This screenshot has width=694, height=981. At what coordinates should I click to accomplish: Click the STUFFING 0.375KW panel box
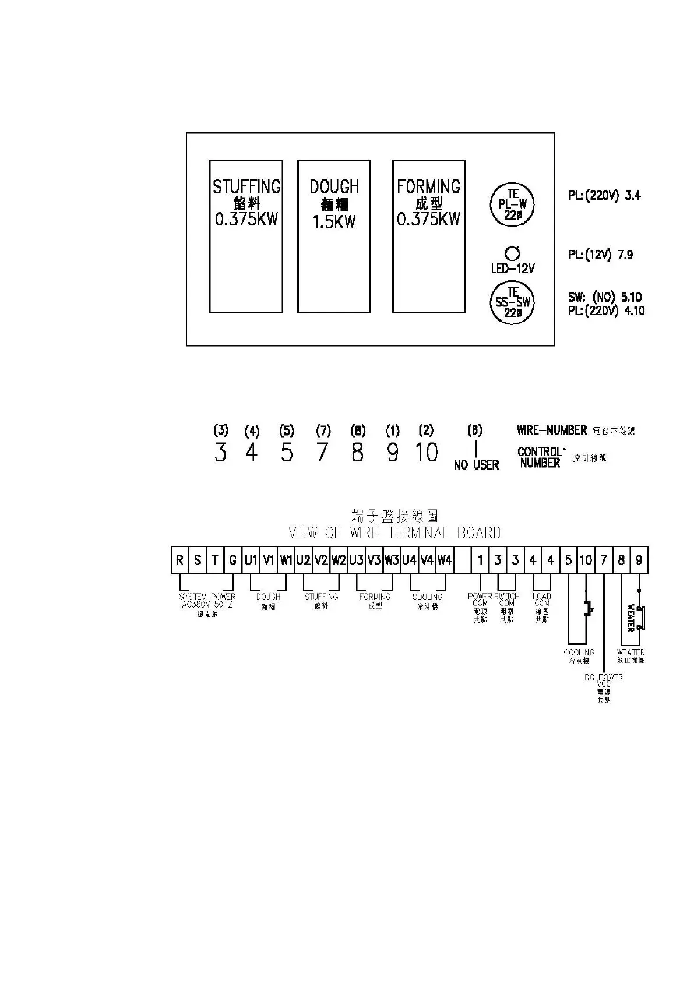click(246, 236)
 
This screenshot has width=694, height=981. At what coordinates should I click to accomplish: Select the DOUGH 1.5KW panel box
click(334, 236)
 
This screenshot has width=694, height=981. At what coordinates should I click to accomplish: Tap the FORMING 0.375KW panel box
click(428, 236)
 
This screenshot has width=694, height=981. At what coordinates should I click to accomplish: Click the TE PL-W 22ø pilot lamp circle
click(512, 204)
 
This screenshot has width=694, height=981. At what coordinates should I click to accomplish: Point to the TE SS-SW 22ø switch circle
click(512, 302)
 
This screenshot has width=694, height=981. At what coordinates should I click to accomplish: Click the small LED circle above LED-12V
click(513, 253)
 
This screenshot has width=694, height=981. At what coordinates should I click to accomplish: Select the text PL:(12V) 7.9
click(600, 255)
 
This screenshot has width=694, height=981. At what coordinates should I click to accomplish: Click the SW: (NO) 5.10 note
click(605, 297)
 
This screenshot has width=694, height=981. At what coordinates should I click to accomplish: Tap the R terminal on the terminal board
click(180, 560)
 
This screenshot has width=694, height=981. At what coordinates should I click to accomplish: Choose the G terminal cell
click(233, 560)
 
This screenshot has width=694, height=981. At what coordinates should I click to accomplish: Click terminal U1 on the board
click(251, 560)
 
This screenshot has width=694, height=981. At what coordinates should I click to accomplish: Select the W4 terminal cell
click(445, 560)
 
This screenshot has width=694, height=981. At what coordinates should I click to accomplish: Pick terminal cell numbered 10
click(586, 560)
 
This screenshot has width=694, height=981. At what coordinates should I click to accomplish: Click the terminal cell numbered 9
click(639, 560)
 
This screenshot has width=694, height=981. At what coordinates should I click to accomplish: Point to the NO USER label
click(476, 465)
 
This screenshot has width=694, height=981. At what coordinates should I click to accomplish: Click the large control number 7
click(322, 452)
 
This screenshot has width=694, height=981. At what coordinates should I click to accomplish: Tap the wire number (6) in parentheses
click(475, 430)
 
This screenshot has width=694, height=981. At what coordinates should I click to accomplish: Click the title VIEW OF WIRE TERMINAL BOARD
click(394, 532)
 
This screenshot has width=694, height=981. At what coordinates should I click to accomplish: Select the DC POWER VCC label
click(604, 681)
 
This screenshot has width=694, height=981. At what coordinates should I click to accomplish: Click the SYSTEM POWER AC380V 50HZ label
click(207, 601)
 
